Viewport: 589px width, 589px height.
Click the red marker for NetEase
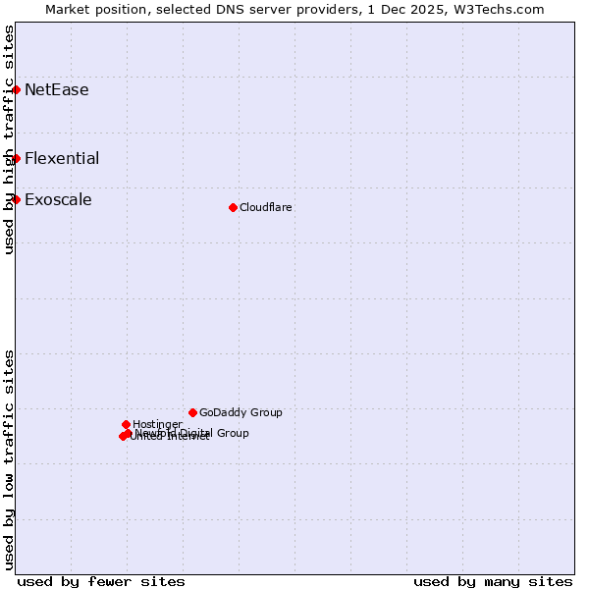(17, 89)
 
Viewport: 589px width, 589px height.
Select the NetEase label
(56, 90)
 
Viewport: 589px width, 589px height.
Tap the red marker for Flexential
(17, 158)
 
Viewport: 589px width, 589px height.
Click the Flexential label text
(61, 159)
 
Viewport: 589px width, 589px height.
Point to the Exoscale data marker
(17, 199)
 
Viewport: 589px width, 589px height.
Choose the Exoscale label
(58, 200)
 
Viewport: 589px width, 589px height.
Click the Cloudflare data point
(233, 207)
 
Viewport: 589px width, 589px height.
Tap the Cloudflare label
(265, 207)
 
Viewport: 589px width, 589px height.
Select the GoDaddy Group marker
(192, 412)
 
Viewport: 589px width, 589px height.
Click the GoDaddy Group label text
(241, 413)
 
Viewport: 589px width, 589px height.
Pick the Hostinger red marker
(126, 424)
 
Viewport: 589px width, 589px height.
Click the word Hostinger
(157, 424)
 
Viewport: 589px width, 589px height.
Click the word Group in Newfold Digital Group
(232, 433)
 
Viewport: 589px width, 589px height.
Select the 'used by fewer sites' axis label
(101, 581)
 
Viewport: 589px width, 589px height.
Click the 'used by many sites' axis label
(492, 581)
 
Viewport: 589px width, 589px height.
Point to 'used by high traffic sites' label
(9, 139)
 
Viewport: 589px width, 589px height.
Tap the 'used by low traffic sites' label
(9, 458)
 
